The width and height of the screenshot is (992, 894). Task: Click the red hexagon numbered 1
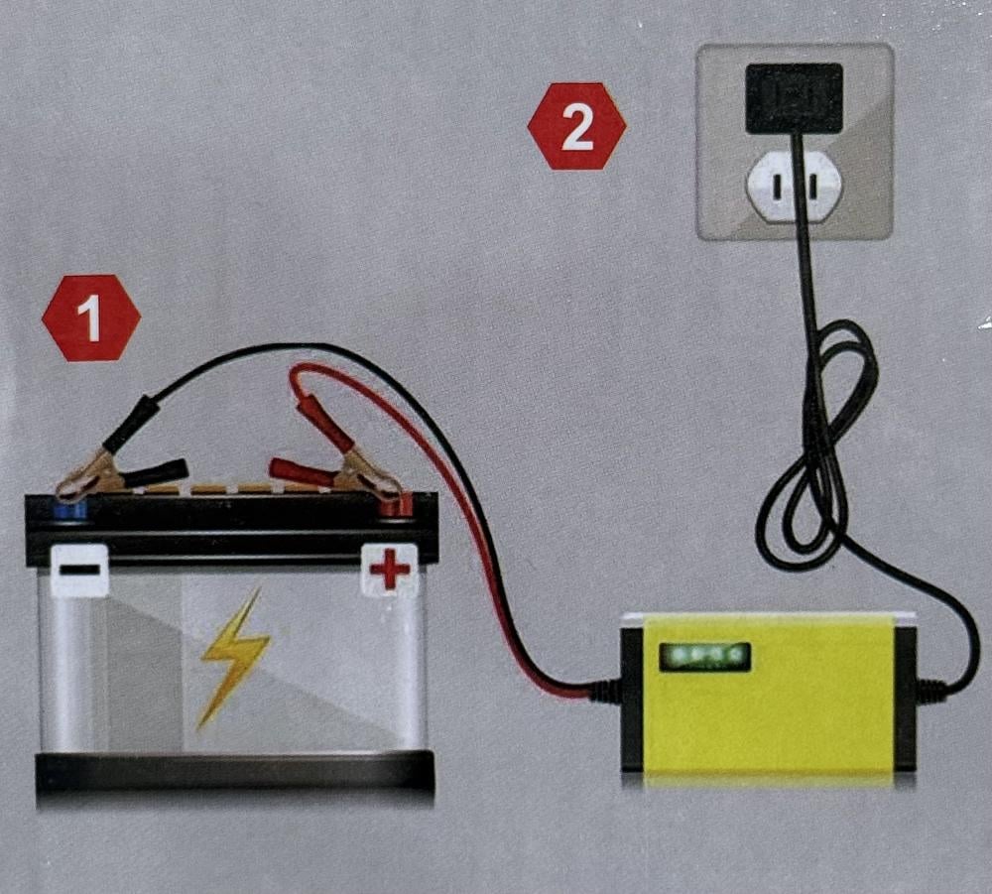91,319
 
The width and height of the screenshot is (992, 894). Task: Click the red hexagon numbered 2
576,127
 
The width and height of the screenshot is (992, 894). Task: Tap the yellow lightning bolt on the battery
234,658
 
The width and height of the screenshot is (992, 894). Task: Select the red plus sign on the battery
389,568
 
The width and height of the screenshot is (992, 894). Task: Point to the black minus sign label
79,569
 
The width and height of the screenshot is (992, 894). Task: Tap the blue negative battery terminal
68,509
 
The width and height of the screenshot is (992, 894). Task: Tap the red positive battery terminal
396,506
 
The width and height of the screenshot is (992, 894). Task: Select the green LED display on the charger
704,658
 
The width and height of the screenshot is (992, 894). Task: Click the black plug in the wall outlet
794,98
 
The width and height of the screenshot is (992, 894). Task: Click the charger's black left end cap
633,700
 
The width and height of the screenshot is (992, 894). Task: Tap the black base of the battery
235,773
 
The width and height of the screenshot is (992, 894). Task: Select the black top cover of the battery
231,528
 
